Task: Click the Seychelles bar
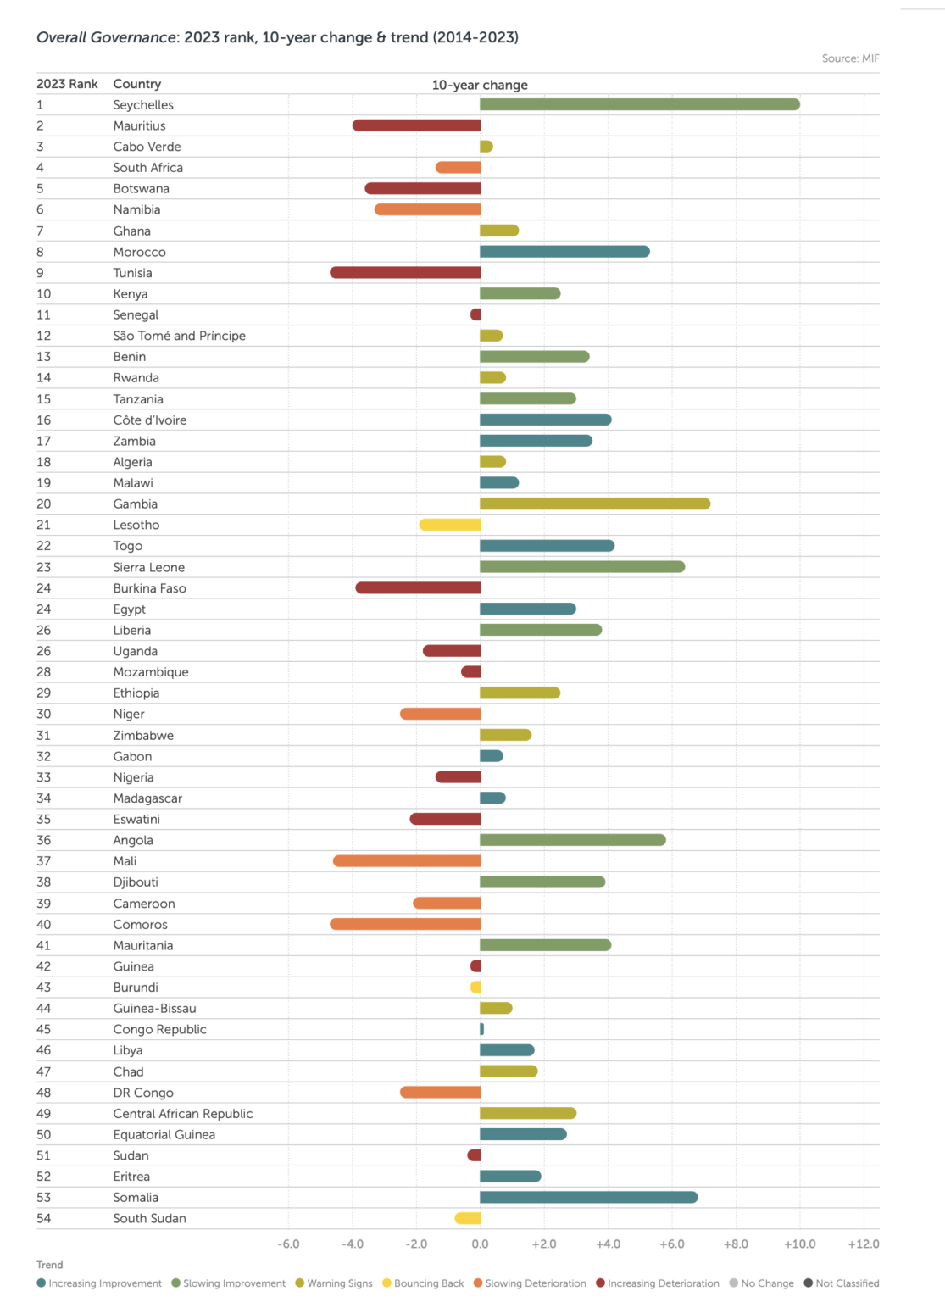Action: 639,104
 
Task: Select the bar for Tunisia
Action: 405,273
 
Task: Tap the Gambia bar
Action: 594,504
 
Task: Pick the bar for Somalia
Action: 588,1197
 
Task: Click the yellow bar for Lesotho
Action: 450,525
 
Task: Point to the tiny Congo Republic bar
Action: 481,1029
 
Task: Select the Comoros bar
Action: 405,924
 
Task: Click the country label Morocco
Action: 140,252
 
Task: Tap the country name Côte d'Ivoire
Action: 150,420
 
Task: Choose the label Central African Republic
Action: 183,1113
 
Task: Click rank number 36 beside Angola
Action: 44,840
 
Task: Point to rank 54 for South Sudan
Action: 44,1218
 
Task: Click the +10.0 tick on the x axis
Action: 799,1244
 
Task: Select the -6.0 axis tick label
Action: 288,1244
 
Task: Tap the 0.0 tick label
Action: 480,1244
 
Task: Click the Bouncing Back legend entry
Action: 423,1283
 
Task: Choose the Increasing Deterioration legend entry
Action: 658,1283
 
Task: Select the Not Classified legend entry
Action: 842,1283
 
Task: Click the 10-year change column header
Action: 480,85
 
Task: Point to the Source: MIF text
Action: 850,58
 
